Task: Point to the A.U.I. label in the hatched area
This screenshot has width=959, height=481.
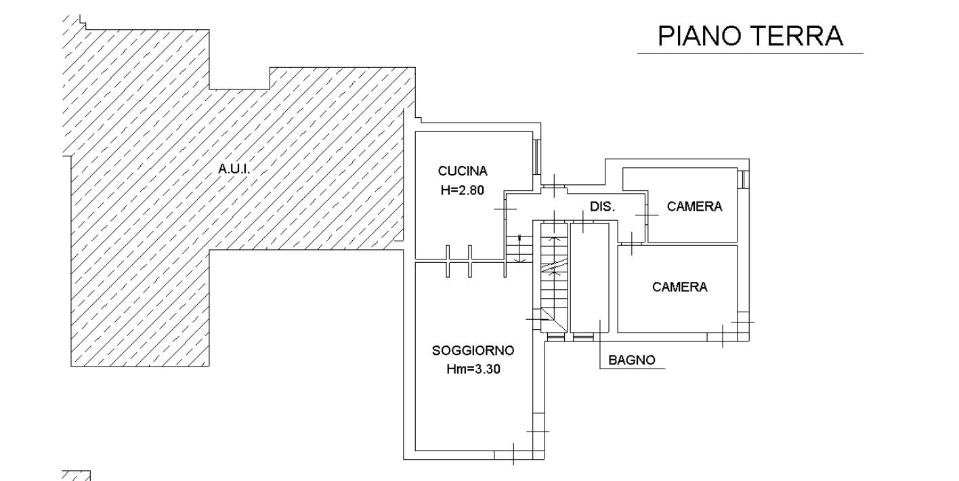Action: coord(234,169)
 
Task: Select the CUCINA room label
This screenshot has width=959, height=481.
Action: coord(463,171)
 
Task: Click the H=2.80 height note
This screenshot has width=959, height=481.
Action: coord(463,190)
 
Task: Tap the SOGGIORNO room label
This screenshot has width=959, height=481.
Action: coord(473,350)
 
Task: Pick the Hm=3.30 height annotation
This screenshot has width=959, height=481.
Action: coord(473,369)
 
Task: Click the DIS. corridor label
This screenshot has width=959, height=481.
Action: coord(602,207)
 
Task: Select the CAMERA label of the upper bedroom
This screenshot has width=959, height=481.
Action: coord(694,207)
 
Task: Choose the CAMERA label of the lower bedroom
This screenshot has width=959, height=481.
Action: coord(679,287)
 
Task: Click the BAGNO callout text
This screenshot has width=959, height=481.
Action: coord(631,360)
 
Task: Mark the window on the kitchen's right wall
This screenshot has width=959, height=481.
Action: coord(537,156)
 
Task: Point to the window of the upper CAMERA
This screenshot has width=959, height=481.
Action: coord(745,180)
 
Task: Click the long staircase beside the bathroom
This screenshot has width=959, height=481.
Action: coord(555,278)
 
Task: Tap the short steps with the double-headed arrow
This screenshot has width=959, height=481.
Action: coord(519,249)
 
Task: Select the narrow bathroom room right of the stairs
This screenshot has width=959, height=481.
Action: coord(589,278)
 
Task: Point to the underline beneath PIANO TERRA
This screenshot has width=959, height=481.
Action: coord(750,53)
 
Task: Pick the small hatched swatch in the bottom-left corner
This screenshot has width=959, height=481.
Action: coord(77,476)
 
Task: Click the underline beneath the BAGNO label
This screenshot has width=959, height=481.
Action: coord(633,369)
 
